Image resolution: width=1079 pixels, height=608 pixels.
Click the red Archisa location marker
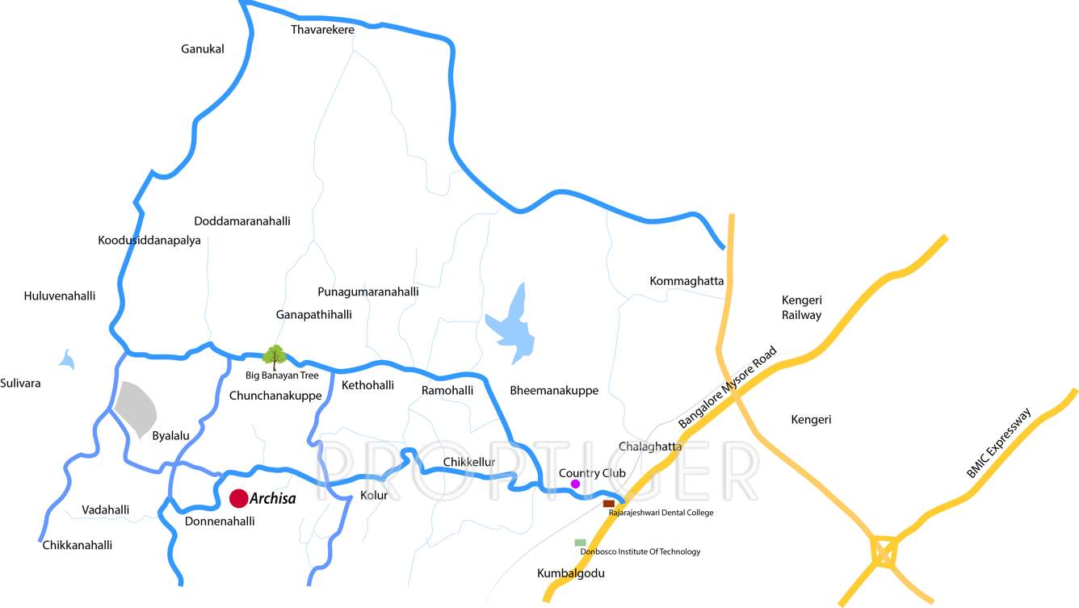(x=238, y=498)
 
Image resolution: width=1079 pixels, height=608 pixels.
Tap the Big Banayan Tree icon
(x=275, y=356)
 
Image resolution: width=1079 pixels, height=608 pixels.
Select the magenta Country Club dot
(x=575, y=484)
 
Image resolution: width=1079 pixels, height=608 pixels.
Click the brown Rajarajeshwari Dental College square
(x=609, y=504)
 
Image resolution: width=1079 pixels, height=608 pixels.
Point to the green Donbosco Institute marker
(x=580, y=543)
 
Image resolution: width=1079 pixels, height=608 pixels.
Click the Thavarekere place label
(x=322, y=30)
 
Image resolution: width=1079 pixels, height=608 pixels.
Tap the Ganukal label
(x=203, y=49)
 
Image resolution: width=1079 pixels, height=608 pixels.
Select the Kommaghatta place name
(x=686, y=281)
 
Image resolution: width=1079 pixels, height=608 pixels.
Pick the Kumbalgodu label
(x=571, y=573)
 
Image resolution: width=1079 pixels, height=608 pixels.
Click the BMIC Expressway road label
(x=998, y=443)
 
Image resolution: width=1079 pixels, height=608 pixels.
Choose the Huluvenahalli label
(x=60, y=296)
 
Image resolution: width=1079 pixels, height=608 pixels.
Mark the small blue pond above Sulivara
(x=67, y=359)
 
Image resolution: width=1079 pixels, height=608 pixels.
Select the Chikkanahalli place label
(x=78, y=545)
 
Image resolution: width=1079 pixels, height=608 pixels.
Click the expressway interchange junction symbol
(x=884, y=553)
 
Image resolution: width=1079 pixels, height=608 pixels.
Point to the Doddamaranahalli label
(x=242, y=221)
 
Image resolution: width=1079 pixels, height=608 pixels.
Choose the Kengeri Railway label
(x=801, y=308)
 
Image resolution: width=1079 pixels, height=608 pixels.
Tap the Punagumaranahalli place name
(x=368, y=291)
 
